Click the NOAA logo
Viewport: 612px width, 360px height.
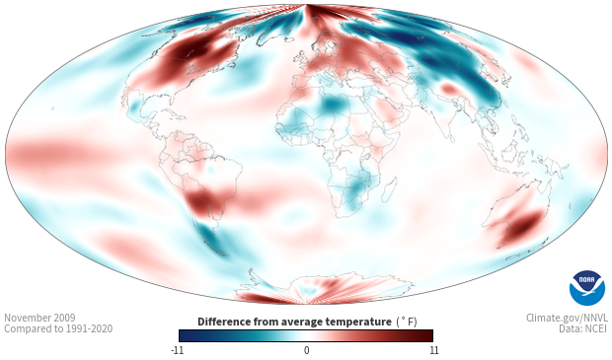pyautogui.click(x=587, y=288)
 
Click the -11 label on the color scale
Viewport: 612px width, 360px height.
pyautogui.click(x=177, y=350)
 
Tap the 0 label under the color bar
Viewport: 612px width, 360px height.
pyautogui.click(x=306, y=350)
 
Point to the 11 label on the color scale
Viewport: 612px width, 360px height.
pyautogui.click(x=433, y=350)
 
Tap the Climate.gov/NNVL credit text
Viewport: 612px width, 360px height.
pyautogui.click(x=567, y=318)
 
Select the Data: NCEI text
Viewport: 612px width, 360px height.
pyautogui.click(x=583, y=328)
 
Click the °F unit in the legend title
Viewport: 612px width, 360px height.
pyautogui.click(x=407, y=322)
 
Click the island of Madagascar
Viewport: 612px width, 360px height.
pyautogui.click(x=389, y=189)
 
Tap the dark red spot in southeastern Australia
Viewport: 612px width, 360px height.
pyautogui.click(x=524, y=226)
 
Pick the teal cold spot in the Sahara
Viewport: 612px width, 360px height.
pyautogui.click(x=333, y=104)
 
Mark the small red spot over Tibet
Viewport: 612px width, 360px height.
pyautogui.click(x=449, y=89)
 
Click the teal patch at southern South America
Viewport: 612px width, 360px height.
pyautogui.click(x=209, y=236)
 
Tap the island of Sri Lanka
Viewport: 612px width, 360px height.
pyautogui.click(x=452, y=138)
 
